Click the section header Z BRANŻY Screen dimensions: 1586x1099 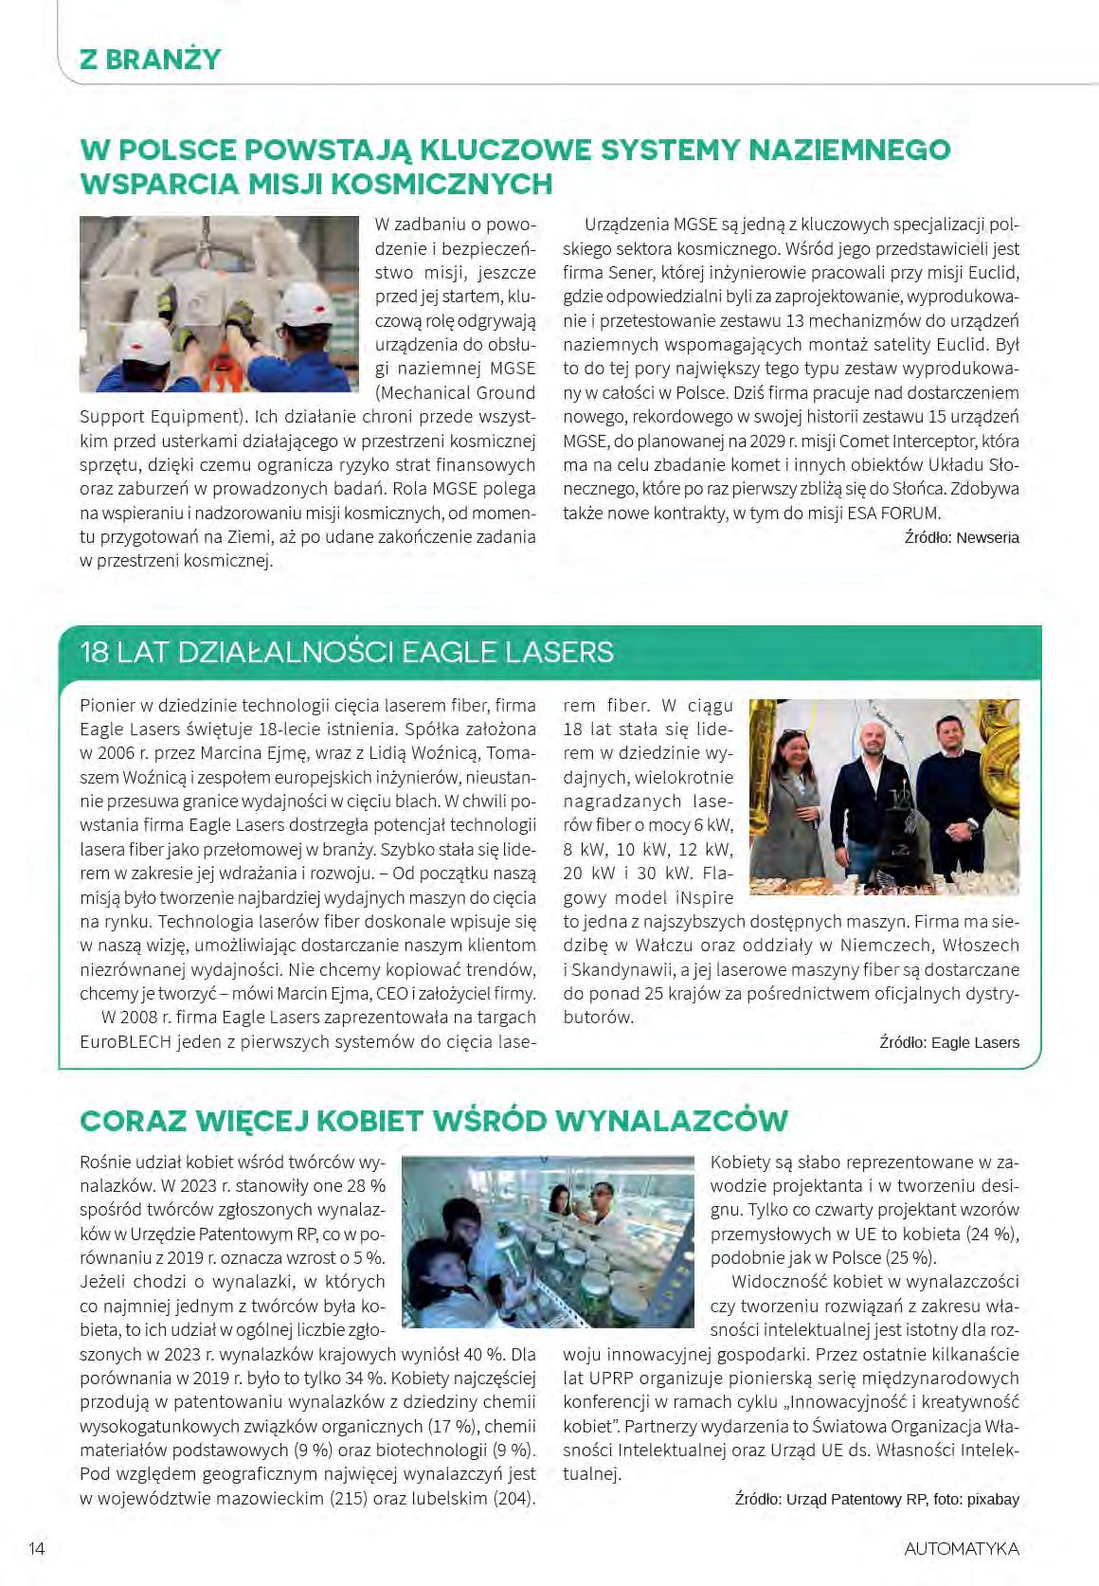click(x=151, y=59)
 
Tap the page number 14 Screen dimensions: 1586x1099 click(x=38, y=1548)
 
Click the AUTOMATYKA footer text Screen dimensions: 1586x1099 click(x=962, y=1548)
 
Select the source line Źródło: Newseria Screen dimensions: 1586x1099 click(x=962, y=537)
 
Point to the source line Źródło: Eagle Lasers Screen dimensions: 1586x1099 click(x=949, y=1042)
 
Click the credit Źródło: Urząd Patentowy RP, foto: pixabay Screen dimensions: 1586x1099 click(x=876, y=1499)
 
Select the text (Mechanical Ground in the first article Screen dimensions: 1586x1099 click(x=456, y=392)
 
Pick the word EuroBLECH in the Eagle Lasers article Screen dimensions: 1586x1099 click(x=124, y=1041)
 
